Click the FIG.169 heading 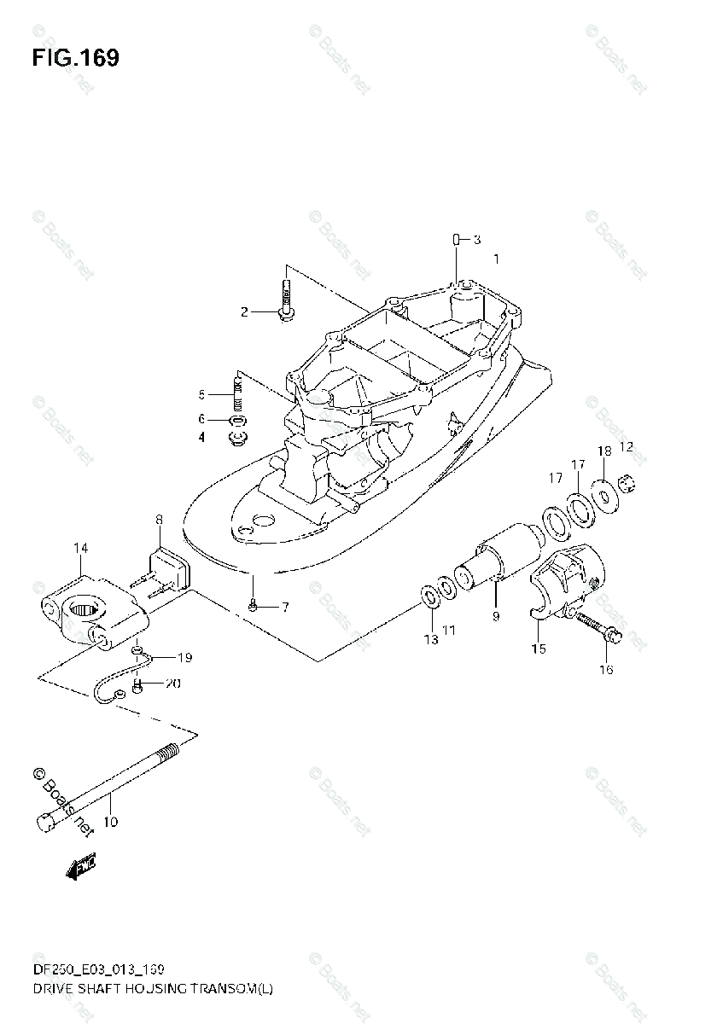75,59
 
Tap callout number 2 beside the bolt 244,312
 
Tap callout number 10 110,823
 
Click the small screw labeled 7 254,607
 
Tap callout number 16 605,670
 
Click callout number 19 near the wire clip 184,657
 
